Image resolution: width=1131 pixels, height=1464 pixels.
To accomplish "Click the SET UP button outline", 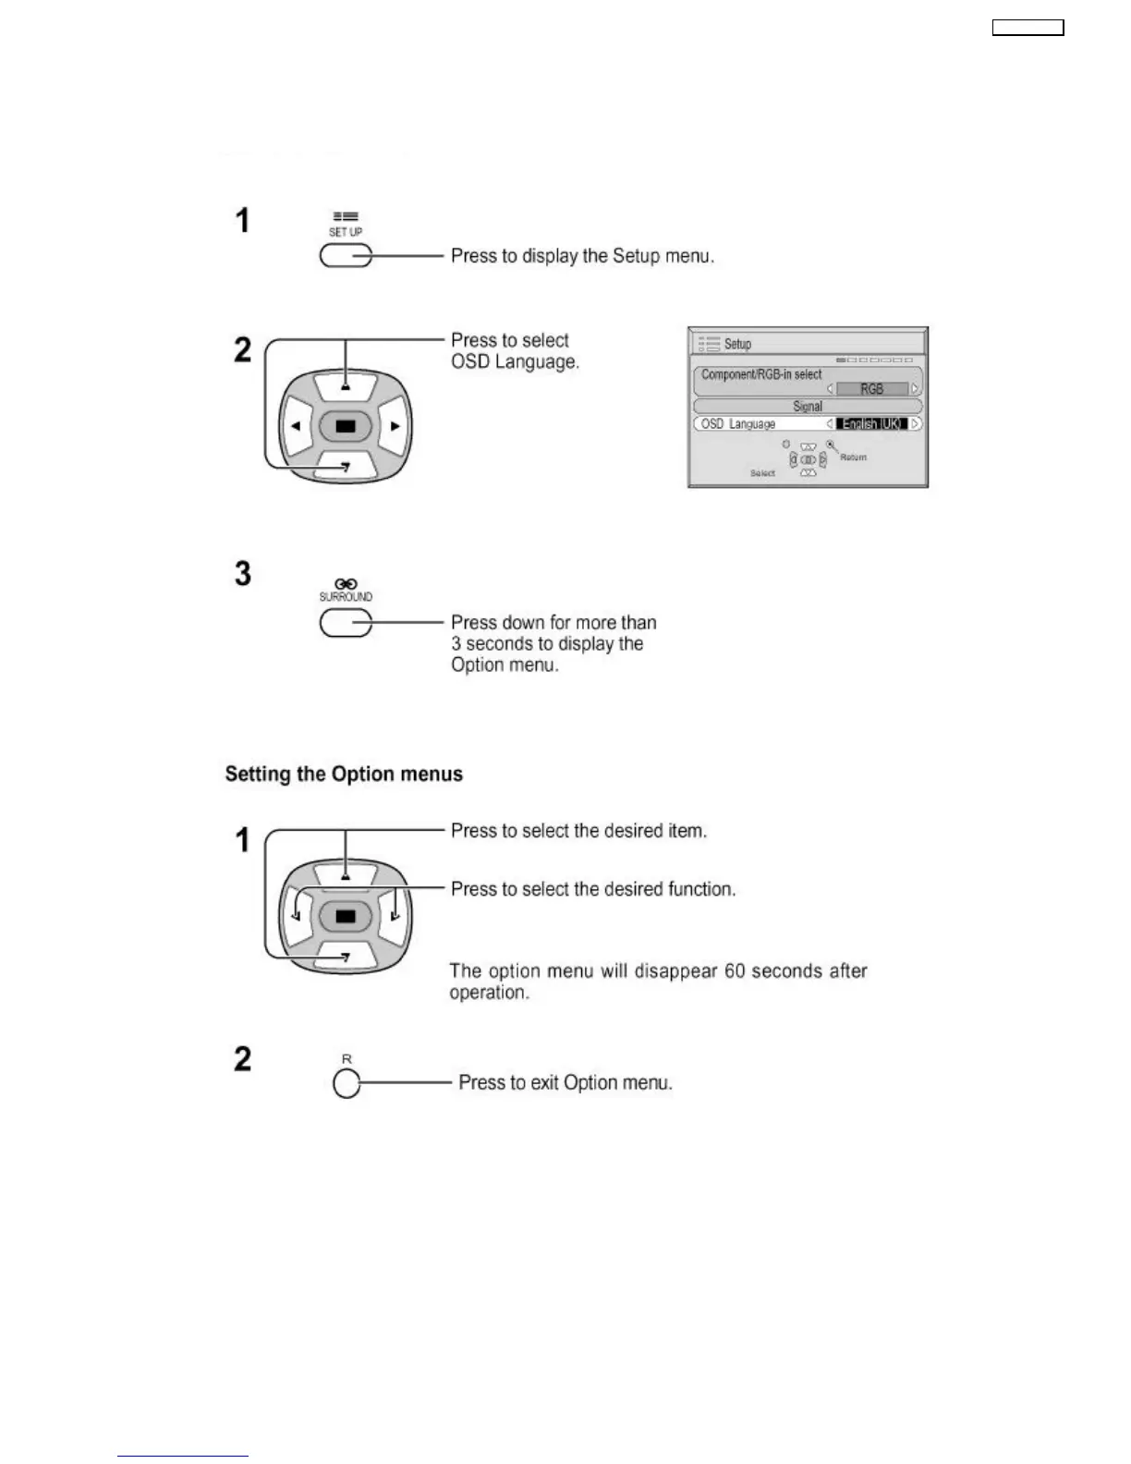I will point(346,256).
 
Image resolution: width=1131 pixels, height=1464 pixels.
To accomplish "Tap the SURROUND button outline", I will point(346,624).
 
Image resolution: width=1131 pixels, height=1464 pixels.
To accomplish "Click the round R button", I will point(347,1084).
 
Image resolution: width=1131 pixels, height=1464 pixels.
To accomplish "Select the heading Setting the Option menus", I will point(344,775).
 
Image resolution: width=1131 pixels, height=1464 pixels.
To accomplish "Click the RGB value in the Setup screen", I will point(871,389).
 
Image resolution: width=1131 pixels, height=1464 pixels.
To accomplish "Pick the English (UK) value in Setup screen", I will point(871,424).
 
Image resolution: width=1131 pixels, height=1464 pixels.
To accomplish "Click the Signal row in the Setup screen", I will point(808,407).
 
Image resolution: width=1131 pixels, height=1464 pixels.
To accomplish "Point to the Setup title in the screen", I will point(737,344).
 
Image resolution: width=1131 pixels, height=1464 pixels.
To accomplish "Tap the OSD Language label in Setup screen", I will point(738,424).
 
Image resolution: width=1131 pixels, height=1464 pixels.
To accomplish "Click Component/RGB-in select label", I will point(761,374).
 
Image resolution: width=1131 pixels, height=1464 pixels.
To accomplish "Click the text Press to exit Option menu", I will point(565,1082).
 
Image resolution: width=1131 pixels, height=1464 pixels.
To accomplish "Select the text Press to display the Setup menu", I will point(582,256).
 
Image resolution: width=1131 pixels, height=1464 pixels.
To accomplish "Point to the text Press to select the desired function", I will point(593,889).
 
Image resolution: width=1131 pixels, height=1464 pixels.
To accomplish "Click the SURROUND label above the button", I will point(346,597).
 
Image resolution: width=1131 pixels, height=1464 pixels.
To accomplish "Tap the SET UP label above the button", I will point(346,232).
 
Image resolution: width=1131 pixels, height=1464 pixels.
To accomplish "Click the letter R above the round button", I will point(347,1059).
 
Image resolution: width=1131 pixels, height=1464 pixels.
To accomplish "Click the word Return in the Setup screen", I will point(854,457).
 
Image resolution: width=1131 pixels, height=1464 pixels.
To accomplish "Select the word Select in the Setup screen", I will point(762,473).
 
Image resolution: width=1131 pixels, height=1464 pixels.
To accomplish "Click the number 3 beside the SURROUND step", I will point(243,574).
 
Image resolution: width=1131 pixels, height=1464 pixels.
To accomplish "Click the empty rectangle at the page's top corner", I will point(1028,29).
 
